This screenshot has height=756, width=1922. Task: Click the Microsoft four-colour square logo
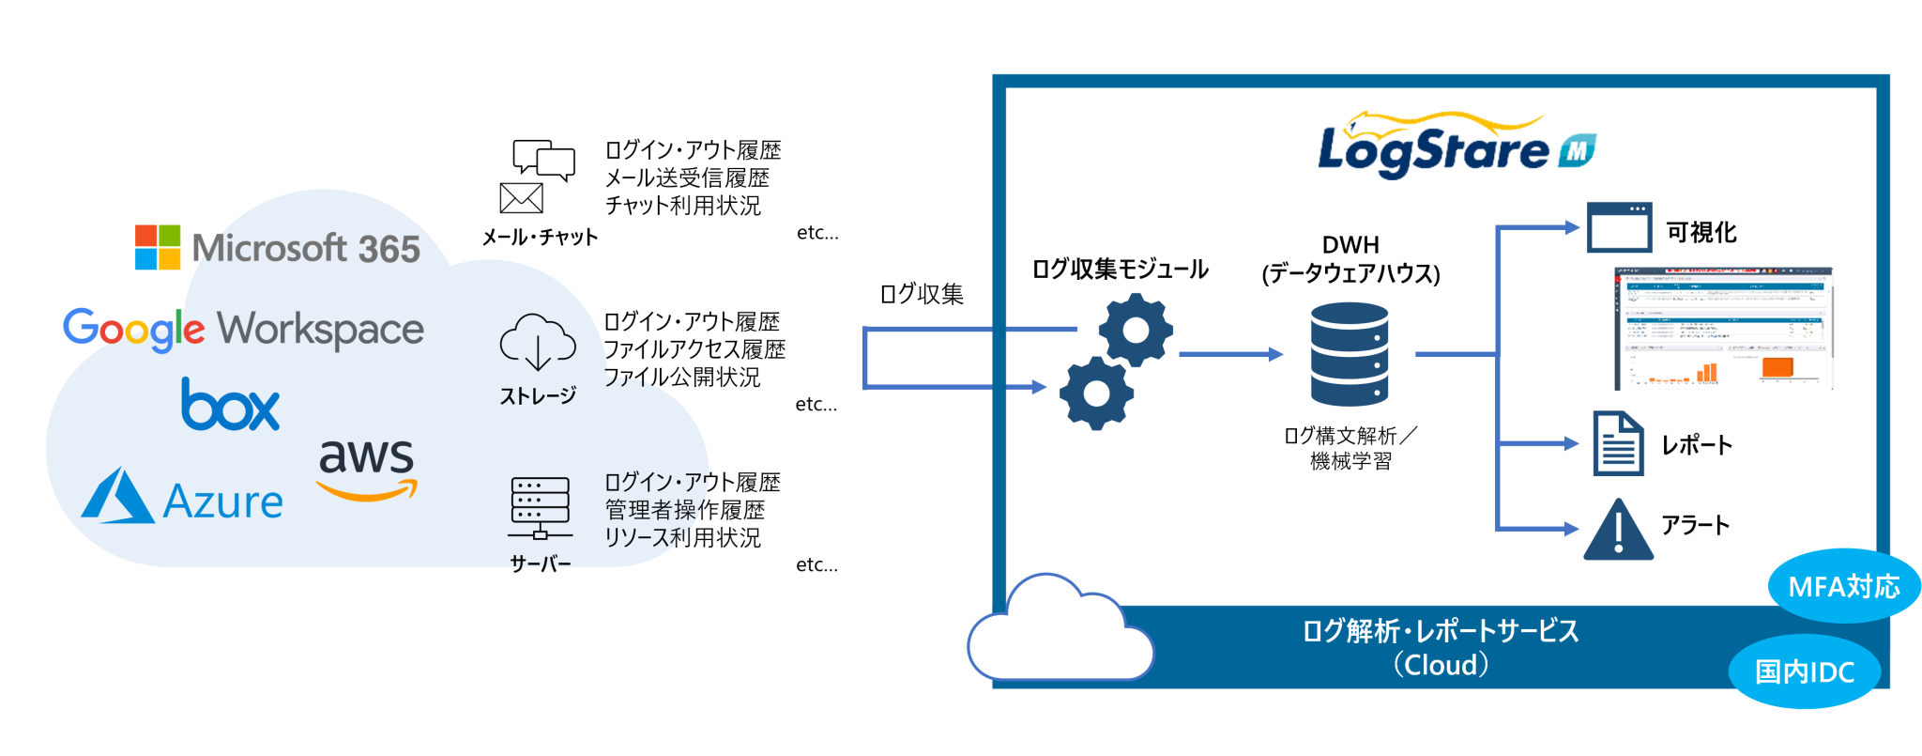(x=158, y=247)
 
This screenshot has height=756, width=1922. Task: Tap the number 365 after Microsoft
(x=389, y=250)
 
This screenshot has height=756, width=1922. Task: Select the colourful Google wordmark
(x=132, y=330)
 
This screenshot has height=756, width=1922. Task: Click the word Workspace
(x=320, y=330)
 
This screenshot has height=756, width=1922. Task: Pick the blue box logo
(x=230, y=405)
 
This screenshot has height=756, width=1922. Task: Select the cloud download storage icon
(x=537, y=342)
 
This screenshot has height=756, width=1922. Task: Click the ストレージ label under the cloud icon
(x=538, y=395)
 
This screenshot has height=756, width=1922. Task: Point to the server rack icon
(x=540, y=507)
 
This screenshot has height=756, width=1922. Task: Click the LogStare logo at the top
(x=1455, y=146)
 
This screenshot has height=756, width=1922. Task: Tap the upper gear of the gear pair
(x=1136, y=330)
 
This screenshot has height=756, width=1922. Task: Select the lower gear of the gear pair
(x=1096, y=393)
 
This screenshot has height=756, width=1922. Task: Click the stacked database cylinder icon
(x=1349, y=354)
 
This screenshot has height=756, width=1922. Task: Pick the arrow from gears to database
(x=1230, y=354)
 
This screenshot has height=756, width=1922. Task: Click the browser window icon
(x=1619, y=227)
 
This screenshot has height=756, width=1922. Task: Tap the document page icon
(x=1619, y=443)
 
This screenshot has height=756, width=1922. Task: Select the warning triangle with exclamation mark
(x=1618, y=531)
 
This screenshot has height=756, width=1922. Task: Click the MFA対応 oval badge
(x=1843, y=586)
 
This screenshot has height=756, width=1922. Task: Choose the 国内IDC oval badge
(x=1804, y=671)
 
